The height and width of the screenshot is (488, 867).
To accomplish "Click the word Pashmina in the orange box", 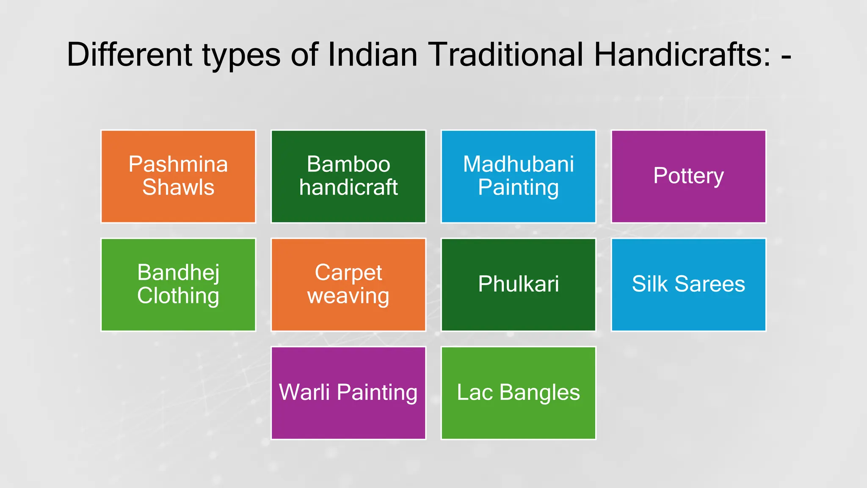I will point(178,164).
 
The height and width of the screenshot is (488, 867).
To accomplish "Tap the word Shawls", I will point(178,187).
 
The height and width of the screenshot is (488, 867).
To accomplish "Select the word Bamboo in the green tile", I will point(348,164).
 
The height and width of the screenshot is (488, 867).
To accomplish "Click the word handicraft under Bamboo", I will point(348,187).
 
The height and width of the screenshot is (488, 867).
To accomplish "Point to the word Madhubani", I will point(518,164).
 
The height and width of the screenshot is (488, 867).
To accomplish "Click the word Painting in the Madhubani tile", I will point(518,188).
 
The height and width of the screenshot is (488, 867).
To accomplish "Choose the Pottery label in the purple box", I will point(688,176).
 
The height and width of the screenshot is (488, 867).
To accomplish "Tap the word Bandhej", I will point(178,273).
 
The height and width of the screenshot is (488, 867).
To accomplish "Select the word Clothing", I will point(178,296).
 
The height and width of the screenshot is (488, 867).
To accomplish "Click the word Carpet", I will point(348,273).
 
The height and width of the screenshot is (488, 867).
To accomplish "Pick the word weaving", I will point(348,296).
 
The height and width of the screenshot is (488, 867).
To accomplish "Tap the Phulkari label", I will point(518,284).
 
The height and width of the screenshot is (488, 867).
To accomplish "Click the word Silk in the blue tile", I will point(649,284).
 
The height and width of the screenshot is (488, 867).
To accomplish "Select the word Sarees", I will point(710,284).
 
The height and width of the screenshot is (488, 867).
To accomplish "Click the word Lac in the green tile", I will point(475,392).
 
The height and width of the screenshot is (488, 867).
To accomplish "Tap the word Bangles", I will point(539,392).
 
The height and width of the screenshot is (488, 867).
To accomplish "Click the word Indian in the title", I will point(373,55).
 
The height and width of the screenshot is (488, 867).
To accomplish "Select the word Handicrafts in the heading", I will point(682,55).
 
